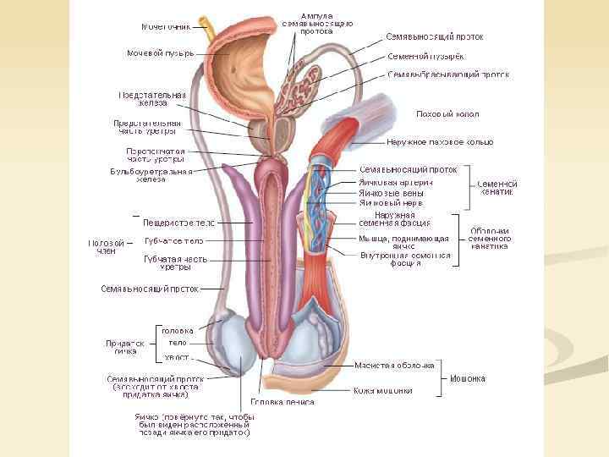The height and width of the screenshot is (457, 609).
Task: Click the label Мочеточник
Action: [165, 25]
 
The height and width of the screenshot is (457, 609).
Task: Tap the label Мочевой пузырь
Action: [161, 52]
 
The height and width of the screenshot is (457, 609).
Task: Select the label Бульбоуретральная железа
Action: [151, 175]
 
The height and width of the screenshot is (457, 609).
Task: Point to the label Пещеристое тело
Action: [178, 223]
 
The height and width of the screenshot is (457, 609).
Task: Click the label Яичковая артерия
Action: [397, 182]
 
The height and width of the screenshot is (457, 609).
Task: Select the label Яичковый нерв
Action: [391, 203]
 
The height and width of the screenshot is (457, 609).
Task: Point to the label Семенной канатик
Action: [497, 188]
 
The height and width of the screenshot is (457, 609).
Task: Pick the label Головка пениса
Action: [282, 402]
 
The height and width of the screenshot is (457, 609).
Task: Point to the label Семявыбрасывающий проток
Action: [448, 74]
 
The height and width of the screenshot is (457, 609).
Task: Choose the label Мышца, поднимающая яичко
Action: [394, 243]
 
